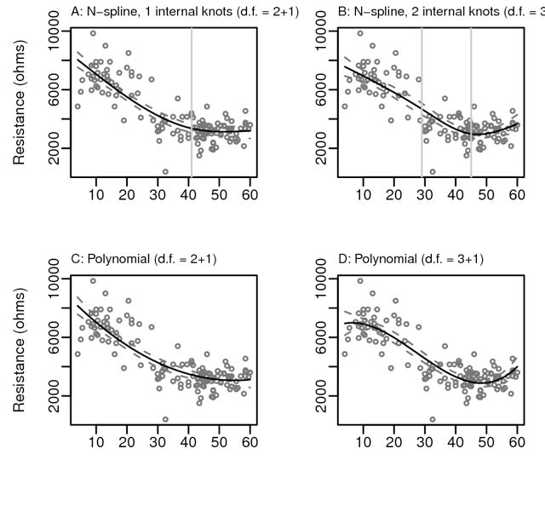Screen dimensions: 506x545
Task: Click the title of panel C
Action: pos(145,258)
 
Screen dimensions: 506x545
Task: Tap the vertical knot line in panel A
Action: pos(191,102)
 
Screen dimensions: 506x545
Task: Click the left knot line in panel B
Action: pos(422,102)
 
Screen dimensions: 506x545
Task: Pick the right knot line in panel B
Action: pos(471,102)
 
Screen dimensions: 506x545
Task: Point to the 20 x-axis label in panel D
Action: pos(394,442)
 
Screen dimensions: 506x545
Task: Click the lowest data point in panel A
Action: pos(165,171)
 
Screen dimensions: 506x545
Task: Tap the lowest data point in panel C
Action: pos(165,418)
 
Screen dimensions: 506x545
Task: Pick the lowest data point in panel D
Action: pos(433,418)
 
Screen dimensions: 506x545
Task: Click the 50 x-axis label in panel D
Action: pos(486,442)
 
